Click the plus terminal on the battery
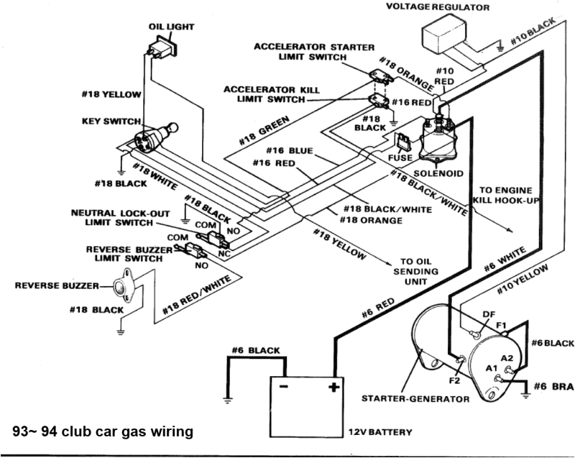pos(333,388)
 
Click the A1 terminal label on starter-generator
pos(492,368)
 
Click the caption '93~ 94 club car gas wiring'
pos(103,431)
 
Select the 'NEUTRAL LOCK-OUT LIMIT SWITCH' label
pos(119,219)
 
